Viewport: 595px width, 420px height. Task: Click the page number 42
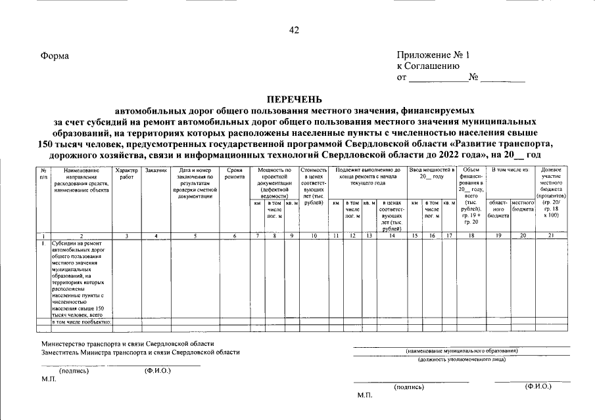(x=294, y=30)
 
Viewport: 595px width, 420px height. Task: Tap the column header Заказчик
(x=155, y=171)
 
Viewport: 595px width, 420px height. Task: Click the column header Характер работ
(x=126, y=174)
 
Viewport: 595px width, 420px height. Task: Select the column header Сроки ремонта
(x=234, y=174)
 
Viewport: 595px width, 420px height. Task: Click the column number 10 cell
(x=314, y=235)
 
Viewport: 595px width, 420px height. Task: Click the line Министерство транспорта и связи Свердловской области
(x=128, y=343)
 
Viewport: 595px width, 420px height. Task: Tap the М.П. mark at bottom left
(x=48, y=380)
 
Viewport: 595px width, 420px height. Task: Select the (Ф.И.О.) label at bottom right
(x=538, y=387)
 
